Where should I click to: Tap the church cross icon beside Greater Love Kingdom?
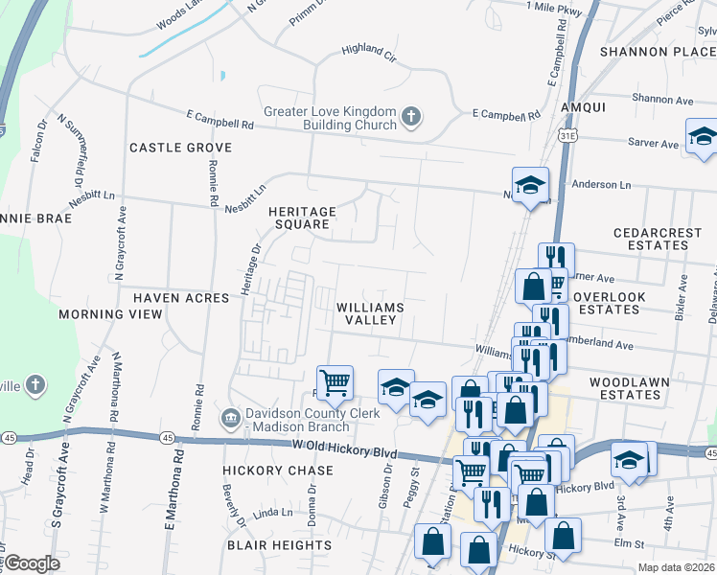coord(410,117)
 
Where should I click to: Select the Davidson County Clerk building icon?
coord(229,417)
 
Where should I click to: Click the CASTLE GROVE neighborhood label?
coord(180,148)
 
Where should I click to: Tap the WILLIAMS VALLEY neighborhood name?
coord(369,313)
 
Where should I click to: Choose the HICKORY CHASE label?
coord(278,471)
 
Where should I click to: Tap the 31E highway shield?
coord(567,137)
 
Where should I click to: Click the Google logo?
coord(32,563)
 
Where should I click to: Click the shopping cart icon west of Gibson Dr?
coord(335,382)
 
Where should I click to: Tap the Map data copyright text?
coord(675,567)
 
